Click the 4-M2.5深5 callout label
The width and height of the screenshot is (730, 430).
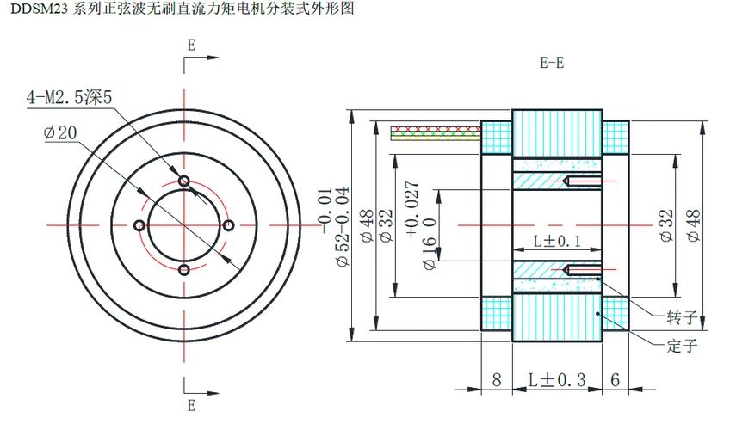(x=70, y=98)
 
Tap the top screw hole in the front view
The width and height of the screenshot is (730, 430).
(x=184, y=181)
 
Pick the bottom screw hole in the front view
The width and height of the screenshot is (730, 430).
(x=184, y=270)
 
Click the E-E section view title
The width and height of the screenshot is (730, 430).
(x=552, y=62)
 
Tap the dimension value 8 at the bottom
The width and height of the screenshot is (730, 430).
(x=497, y=379)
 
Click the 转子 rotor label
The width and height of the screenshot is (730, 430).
(x=681, y=317)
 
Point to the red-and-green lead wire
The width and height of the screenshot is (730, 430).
(x=436, y=132)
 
